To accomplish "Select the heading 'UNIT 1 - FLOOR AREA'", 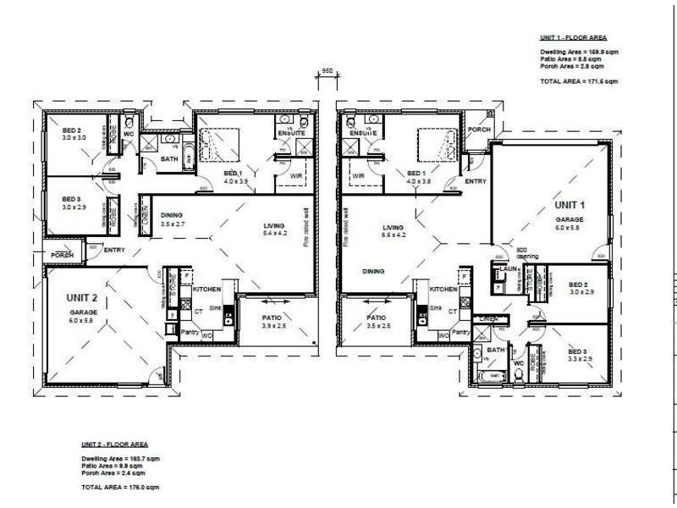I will (x=574, y=38).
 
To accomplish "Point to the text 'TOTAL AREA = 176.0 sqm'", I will (x=119, y=488).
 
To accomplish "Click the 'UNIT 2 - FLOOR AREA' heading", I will (x=115, y=444).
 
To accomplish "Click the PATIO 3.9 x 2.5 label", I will (x=255, y=321).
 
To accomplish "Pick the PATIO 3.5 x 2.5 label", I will (x=377, y=321).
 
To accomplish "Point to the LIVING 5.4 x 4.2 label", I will (x=276, y=228).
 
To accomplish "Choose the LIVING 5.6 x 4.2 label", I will (x=394, y=231).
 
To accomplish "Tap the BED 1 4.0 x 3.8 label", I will (x=419, y=176).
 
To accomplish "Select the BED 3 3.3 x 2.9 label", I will (x=577, y=356).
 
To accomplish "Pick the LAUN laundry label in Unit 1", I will (x=509, y=269).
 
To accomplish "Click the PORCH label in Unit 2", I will (x=63, y=255).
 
